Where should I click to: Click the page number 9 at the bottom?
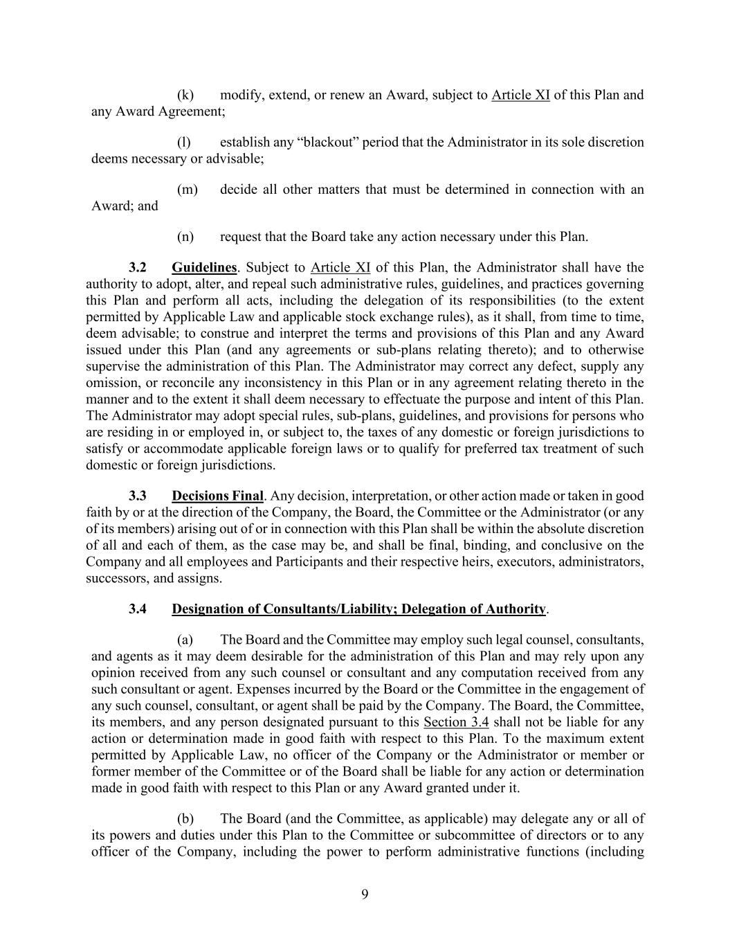[365, 894]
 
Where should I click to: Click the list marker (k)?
[185, 95]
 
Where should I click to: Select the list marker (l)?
[184, 142]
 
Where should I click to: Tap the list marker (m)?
[188, 189]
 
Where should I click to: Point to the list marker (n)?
[185, 237]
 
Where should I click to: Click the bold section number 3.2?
[138, 267]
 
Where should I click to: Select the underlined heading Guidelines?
[204, 267]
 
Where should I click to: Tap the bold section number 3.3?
[138, 496]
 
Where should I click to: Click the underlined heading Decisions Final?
[217, 496]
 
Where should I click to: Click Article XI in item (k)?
[520, 95]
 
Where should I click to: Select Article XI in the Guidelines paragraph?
[340, 267]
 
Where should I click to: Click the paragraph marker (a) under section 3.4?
[185, 639]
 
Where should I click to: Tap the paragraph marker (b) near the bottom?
[185, 818]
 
